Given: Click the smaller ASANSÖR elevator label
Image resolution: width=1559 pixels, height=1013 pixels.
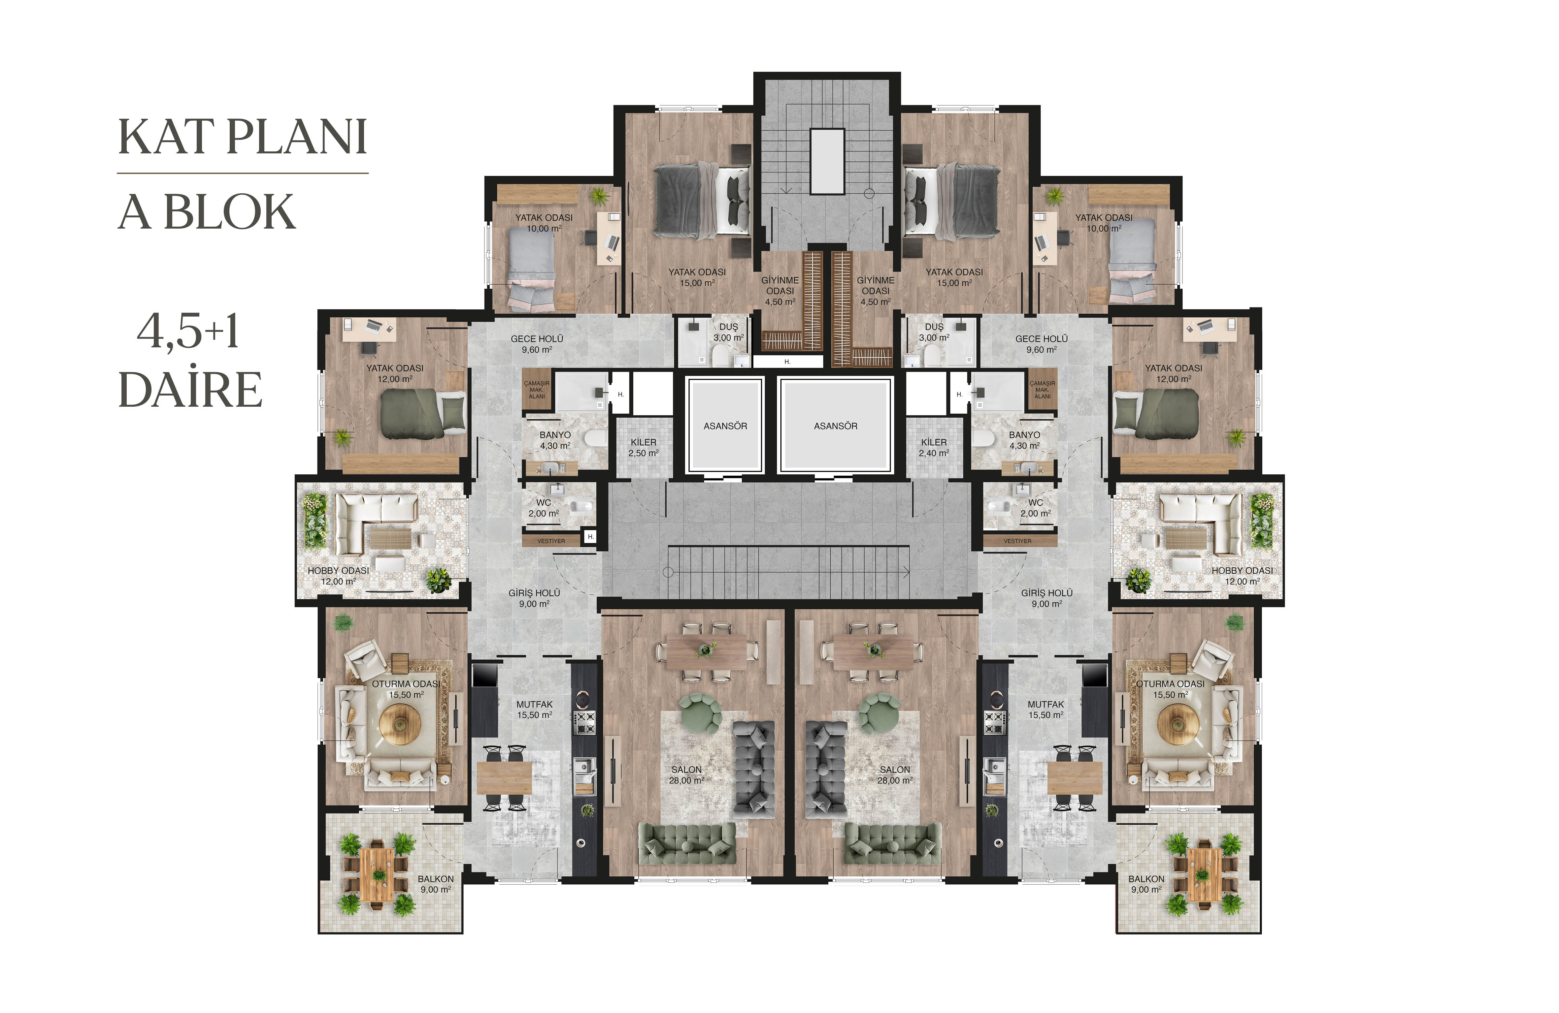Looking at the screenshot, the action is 725,426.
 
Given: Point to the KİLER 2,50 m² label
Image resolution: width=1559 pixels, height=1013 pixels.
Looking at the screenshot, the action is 643,447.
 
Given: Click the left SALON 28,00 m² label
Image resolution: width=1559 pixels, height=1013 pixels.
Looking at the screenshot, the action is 686,775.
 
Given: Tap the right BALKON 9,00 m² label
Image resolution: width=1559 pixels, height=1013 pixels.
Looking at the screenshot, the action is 1146,884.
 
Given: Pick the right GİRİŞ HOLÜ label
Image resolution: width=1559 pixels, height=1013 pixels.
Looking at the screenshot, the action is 1047,593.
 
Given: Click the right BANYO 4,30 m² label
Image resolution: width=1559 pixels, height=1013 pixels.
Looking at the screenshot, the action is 1024,440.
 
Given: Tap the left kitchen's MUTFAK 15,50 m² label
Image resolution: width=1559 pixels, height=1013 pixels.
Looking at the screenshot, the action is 535,709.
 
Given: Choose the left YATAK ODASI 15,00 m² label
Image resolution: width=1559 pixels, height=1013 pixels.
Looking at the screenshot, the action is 697,277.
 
